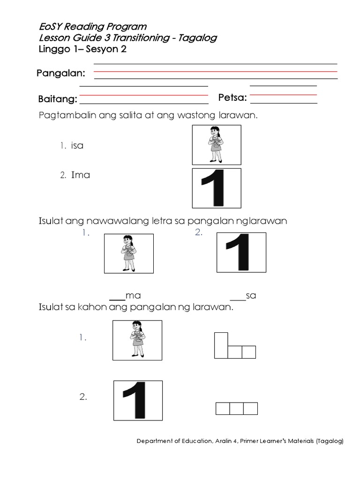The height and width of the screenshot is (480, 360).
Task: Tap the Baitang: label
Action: click(x=57, y=99)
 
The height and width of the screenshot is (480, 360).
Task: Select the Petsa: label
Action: click(x=232, y=98)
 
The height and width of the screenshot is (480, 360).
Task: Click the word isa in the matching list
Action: click(x=77, y=145)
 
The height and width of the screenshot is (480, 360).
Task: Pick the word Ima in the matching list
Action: click(x=80, y=175)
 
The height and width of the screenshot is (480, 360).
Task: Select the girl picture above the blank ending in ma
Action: click(x=128, y=254)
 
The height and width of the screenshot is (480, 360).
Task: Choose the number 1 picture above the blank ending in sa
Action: click(x=240, y=252)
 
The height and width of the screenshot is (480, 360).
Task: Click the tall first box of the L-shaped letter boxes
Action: click(x=221, y=345)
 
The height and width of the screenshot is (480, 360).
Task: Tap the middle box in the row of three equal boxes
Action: click(x=236, y=409)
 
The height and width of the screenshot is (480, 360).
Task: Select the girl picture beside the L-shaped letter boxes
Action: click(x=137, y=340)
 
